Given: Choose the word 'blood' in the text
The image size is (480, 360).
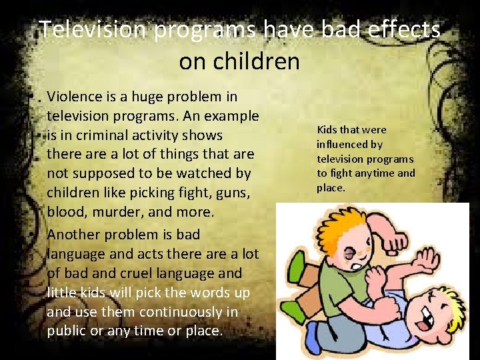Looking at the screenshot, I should click(x=65, y=213).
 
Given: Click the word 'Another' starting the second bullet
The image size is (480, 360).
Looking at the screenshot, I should click(x=75, y=235).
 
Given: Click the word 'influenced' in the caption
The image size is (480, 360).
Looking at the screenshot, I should click(x=341, y=144).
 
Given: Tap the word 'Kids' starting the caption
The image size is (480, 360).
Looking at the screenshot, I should click(x=328, y=129).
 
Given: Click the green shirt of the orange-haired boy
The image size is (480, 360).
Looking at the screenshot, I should click(x=340, y=280).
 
